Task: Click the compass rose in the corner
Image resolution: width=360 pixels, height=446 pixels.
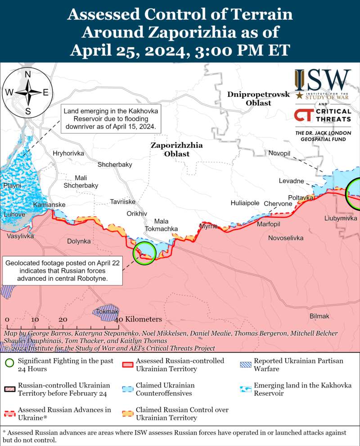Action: [27, 93]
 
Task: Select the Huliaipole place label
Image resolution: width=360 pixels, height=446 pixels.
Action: [245, 203]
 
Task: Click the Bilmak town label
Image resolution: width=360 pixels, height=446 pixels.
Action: [319, 316]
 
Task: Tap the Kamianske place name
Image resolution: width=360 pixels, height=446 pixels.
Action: [49, 205]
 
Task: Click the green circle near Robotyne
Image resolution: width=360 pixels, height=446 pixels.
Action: [144, 253]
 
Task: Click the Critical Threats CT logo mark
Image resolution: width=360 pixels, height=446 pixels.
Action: [302, 115]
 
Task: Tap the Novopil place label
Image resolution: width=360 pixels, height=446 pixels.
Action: [279, 153]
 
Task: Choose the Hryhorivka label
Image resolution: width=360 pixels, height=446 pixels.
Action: [68, 153]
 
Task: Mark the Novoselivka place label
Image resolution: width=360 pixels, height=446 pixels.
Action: [285, 238]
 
